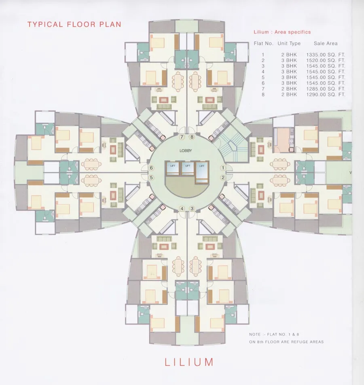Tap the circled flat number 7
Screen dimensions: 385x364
182,138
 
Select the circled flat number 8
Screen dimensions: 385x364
192,138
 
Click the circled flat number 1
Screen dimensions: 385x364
222,168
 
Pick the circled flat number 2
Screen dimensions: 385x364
222,177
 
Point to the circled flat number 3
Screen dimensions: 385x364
192,208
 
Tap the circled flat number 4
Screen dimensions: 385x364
182,208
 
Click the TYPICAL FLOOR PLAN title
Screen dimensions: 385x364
74,24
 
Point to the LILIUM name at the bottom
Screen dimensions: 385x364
189,362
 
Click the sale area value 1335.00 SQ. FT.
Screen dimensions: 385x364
326,55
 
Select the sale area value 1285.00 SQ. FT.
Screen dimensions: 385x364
326,89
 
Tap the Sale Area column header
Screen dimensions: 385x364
326,43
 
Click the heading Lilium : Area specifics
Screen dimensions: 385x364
282,32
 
